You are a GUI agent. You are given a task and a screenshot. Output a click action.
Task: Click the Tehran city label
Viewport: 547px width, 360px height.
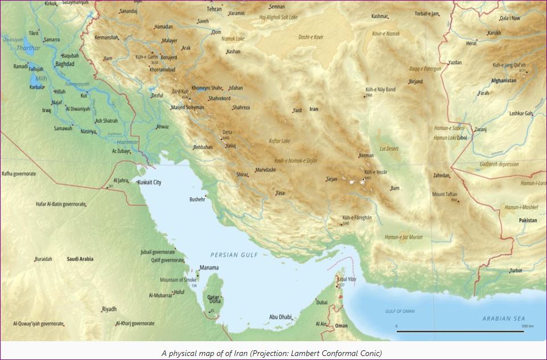[214, 10]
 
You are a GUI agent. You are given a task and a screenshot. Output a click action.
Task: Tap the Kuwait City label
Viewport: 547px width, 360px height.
[150, 182]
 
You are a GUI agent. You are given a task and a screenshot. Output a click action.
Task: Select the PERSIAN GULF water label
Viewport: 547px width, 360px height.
[233, 255]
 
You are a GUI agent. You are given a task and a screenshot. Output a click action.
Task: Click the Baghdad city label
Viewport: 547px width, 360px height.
[65, 64]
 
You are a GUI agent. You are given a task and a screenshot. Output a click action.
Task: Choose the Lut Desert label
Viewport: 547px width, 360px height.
[389, 149]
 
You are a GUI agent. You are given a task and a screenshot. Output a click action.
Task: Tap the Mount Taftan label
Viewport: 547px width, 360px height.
[445, 194]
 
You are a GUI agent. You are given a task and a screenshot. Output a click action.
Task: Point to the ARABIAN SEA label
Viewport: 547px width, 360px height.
[503, 319]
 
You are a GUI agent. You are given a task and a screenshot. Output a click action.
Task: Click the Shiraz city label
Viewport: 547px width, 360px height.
[242, 175]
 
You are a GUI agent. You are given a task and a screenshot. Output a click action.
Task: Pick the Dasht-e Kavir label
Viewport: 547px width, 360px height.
[311, 37]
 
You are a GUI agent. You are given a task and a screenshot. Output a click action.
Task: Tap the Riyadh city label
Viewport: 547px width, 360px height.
[109, 309]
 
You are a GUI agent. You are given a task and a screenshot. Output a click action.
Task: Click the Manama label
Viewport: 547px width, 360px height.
[208, 267]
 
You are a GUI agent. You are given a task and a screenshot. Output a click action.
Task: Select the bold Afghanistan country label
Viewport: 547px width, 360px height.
[504, 81]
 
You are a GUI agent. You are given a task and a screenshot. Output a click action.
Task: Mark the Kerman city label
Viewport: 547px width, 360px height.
[367, 156]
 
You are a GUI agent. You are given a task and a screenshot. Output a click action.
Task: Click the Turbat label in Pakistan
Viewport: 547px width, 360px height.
[516, 271]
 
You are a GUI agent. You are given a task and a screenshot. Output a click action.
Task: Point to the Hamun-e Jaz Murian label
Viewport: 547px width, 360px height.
[403, 237]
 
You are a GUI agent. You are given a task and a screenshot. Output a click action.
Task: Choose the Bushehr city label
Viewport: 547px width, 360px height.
[198, 200]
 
